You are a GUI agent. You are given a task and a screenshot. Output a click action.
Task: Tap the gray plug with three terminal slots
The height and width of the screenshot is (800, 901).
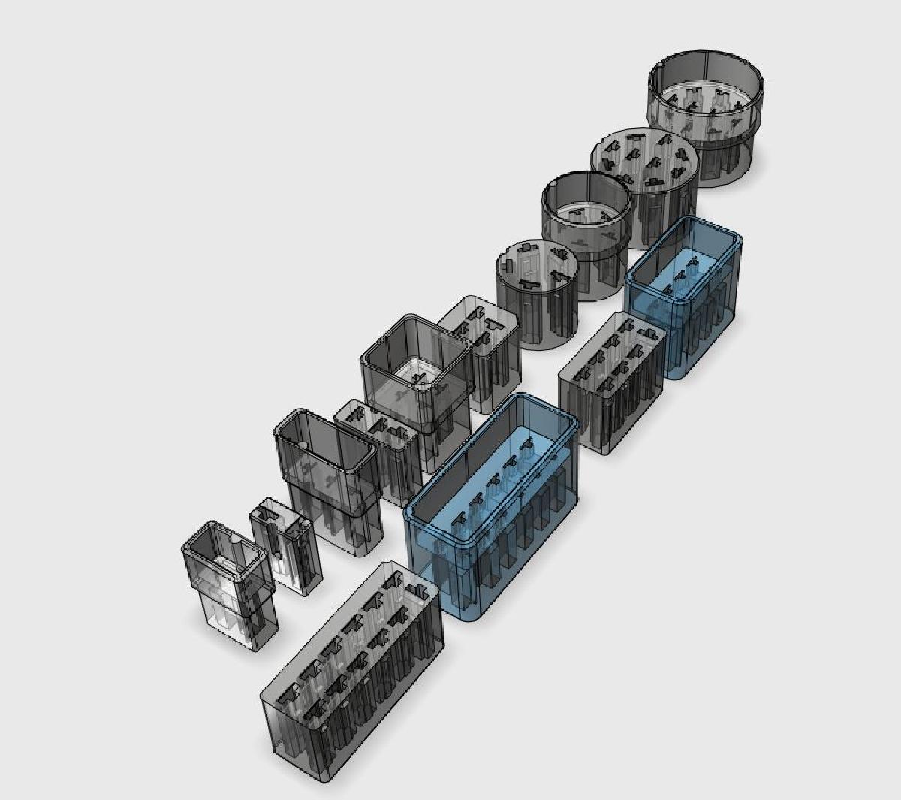(x=379, y=451)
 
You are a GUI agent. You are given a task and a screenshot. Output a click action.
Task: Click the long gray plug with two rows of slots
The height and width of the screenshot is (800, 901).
(x=353, y=676)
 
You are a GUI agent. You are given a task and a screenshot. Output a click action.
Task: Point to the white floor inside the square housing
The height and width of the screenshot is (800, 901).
(x=414, y=371)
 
